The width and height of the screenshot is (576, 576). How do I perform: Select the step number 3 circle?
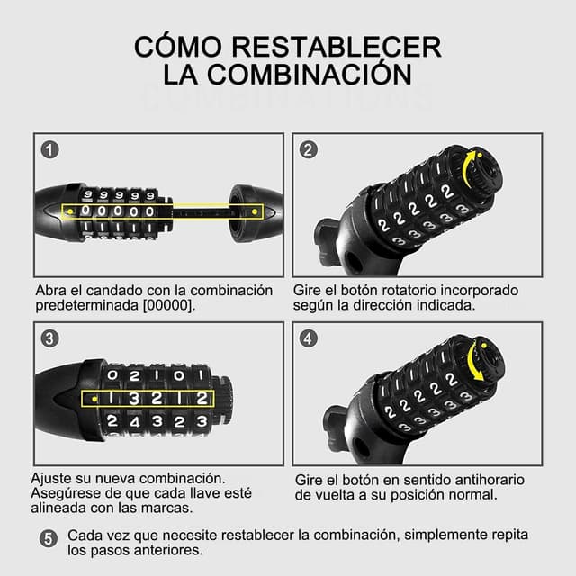click(49, 338)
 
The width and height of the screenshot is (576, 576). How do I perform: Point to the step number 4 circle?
click(308, 338)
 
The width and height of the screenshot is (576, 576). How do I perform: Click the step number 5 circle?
click(49, 538)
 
